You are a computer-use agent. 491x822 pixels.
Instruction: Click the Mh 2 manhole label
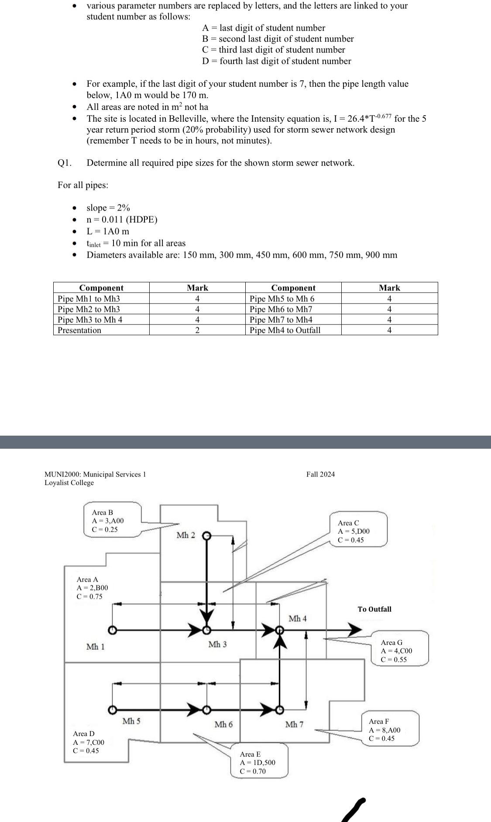185,535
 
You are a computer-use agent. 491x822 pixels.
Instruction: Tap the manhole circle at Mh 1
112,630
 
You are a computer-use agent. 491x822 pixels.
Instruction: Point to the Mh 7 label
294,724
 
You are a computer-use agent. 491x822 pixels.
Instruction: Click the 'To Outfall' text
374,609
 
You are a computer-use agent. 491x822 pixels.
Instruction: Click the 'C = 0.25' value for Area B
105,529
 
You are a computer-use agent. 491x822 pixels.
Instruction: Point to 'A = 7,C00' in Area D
89,742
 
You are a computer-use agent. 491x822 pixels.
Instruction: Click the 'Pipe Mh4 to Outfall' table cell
285,330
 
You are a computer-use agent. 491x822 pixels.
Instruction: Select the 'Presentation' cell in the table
79,330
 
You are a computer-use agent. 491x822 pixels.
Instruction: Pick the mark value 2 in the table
197,330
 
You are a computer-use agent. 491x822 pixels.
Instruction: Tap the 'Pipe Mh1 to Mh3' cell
89,299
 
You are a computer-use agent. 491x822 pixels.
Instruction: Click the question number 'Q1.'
64,163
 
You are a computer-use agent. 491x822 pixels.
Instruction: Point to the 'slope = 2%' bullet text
108,208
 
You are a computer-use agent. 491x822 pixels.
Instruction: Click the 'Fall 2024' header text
320,474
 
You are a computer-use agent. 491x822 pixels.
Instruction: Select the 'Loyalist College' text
69,483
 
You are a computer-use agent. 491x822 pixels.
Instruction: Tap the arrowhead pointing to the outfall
354,630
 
